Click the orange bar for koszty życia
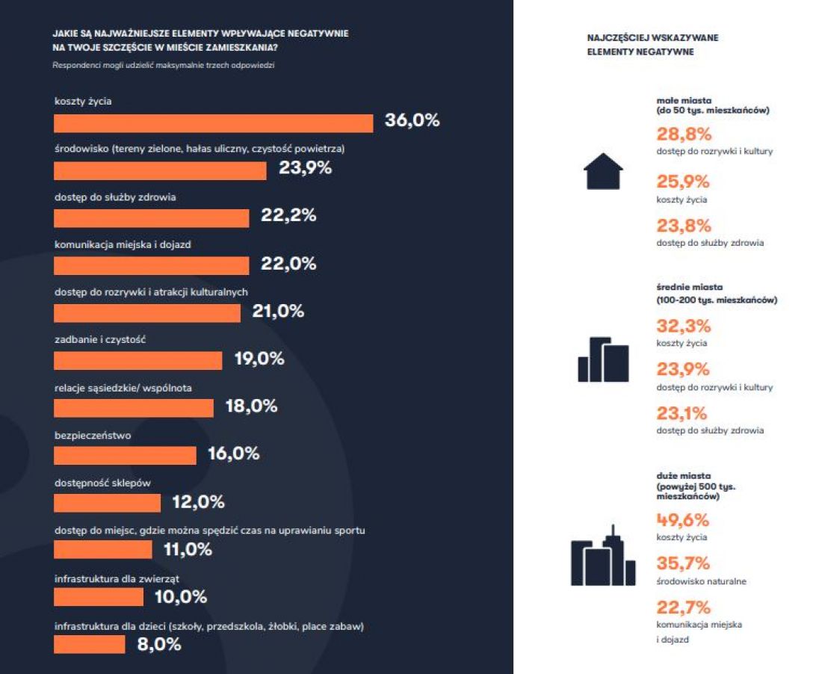click(x=214, y=123)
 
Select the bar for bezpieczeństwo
click(x=126, y=456)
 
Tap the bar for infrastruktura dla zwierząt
click(x=99, y=597)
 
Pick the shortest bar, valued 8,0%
click(x=90, y=644)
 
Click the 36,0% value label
click(x=412, y=120)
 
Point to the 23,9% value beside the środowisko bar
click(x=305, y=167)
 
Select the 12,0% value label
click(x=198, y=502)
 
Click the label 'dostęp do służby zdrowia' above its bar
click(x=115, y=197)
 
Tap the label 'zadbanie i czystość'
click(x=100, y=340)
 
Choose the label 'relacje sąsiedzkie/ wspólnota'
click(x=123, y=389)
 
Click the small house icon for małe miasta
click(x=603, y=171)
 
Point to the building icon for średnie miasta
click(x=603, y=359)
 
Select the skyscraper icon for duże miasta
click(x=603, y=555)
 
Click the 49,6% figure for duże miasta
click(x=682, y=520)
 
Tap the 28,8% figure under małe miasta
click(x=684, y=135)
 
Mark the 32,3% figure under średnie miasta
click(x=684, y=326)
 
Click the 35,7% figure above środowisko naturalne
click(x=683, y=563)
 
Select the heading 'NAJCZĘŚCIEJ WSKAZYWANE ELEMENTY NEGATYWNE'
click(x=652, y=45)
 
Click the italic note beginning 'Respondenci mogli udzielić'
click(x=164, y=66)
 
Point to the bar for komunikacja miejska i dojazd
click(x=152, y=266)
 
